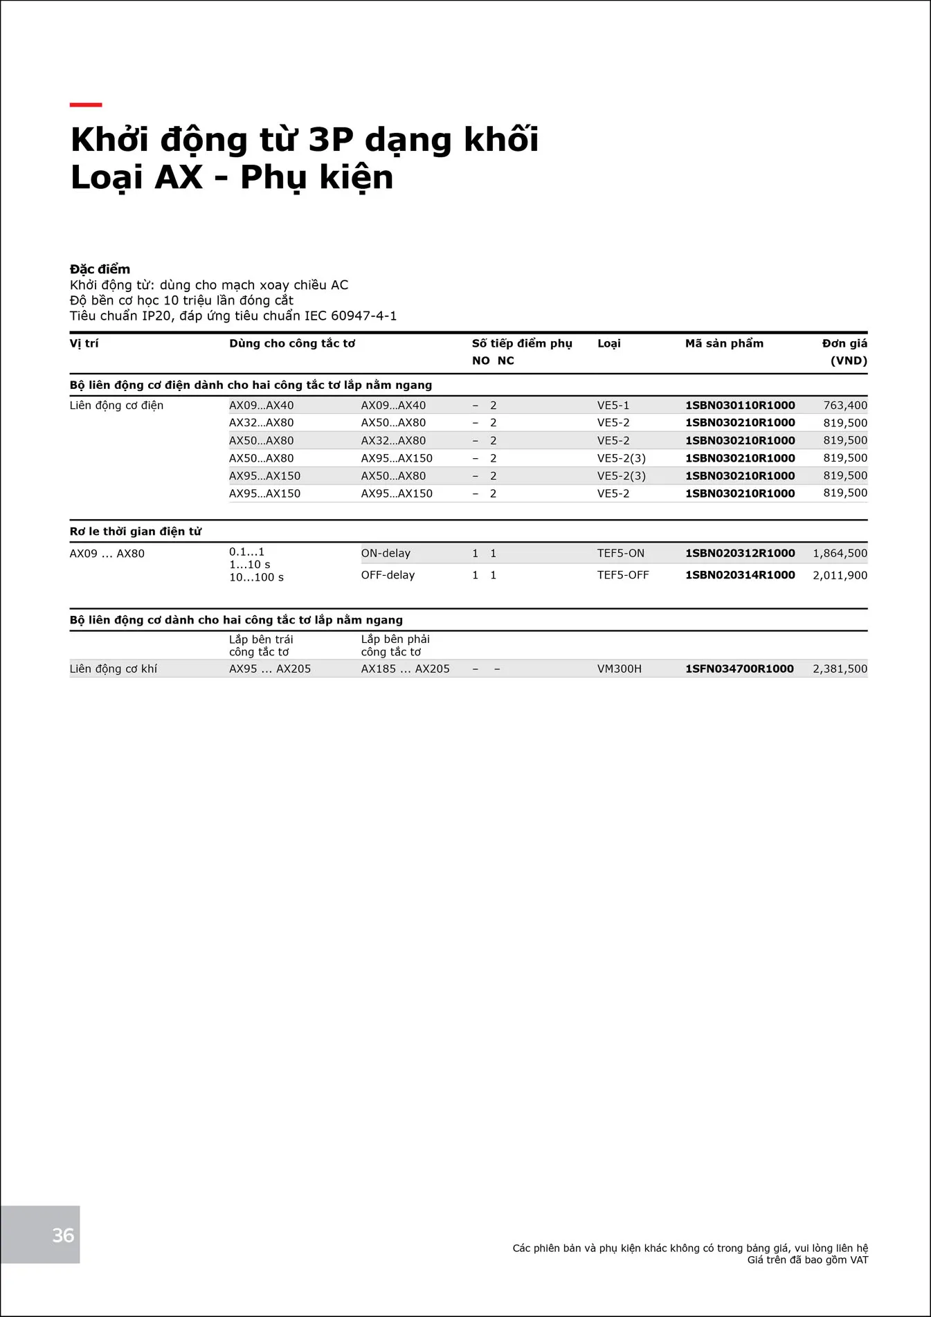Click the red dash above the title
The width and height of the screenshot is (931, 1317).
(x=86, y=105)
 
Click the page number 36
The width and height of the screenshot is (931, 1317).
(x=63, y=1235)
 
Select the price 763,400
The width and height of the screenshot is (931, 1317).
(x=844, y=406)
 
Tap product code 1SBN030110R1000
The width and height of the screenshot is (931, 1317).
(x=739, y=406)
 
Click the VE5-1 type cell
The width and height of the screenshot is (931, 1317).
(x=613, y=406)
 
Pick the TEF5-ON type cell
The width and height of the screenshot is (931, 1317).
(x=620, y=554)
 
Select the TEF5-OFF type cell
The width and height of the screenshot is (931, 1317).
(x=623, y=575)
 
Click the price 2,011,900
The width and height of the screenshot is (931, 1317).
(x=840, y=575)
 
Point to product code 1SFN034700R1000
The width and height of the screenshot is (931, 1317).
(x=739, y=669)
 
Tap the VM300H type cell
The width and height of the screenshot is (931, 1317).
(x=619, y=669)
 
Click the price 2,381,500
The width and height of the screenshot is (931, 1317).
(x=840, y=669)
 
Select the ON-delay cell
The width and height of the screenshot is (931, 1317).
(x=386, y=554)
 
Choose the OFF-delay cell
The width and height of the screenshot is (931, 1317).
(x=388, y=575)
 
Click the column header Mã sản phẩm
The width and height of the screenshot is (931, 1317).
(x=724, y=343)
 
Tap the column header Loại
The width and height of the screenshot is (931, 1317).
(x=608, y=343)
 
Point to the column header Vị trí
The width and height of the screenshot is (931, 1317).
(x=84, y=343)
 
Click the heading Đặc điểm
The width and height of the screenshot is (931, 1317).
(x=100, y=269)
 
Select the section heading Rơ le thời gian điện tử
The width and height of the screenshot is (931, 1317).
(x=136, y=532)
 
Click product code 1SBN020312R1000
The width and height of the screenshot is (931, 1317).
(x=739, y=554)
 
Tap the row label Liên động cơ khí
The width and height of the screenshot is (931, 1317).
(x=113, y=669)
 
